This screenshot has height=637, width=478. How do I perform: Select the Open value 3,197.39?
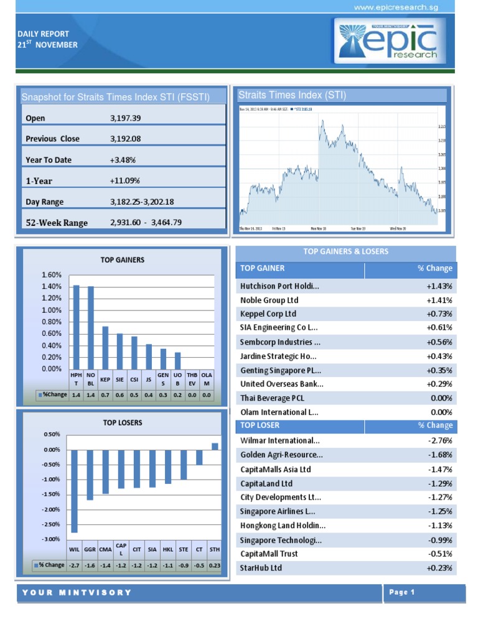[125, 118]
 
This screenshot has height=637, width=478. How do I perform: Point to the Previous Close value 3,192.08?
[125, 139]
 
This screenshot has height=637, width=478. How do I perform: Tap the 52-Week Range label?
[57, 223]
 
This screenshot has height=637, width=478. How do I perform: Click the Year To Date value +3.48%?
[123, 160]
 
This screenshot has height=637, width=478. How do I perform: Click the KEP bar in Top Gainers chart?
[105, 347]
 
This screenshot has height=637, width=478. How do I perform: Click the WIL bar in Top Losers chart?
[74, 491]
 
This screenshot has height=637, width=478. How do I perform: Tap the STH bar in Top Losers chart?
[215, 446]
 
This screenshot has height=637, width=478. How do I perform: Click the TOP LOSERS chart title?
[123, 422]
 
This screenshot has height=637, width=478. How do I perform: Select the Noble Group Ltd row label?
[269, 300]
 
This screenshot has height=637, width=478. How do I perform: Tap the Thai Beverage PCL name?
[272, 398]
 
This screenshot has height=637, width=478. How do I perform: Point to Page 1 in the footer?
[402, 592]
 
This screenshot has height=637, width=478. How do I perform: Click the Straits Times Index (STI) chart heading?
[292, 95]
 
